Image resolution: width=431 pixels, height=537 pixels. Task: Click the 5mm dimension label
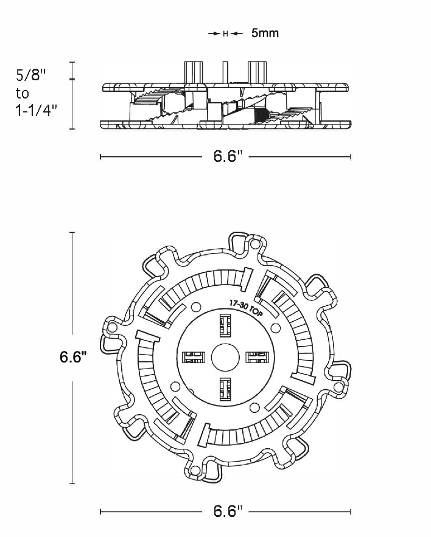tap(265, 33)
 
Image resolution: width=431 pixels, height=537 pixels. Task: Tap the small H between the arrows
tap(225, 33)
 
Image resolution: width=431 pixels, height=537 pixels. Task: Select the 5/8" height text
tap(30, 75)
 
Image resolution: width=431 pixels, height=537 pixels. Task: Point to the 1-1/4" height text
tap(36, 110)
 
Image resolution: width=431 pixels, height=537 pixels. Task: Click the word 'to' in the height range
tap(23, 93)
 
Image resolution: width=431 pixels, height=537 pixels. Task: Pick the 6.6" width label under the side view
tap(228, 156)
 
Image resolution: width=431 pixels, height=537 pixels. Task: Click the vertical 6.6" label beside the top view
tap(72, 357)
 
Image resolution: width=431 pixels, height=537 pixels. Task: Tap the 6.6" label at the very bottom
tap(228, 511)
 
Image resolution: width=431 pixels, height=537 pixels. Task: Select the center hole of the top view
tap(225, 358)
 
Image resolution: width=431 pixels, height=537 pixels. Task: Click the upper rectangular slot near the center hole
tap(225, 325)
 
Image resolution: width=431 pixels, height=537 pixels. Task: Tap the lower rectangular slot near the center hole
tap(225, 389)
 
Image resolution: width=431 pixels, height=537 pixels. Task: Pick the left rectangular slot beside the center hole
tap(193, 357)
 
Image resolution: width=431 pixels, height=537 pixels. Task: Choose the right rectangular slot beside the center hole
tap(257, 357)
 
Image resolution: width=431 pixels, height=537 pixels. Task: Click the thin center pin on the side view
tap(225, 72)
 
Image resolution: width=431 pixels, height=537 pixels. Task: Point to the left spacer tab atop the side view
tap(193, 72)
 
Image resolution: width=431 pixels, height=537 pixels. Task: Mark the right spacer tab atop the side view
tap(256, 72)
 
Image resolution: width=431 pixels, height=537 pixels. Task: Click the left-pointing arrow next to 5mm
tap(237, 33)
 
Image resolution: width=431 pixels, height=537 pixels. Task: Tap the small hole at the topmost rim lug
tap(255, 244)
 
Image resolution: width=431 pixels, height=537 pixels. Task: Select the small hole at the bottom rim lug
tap(195, 470)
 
